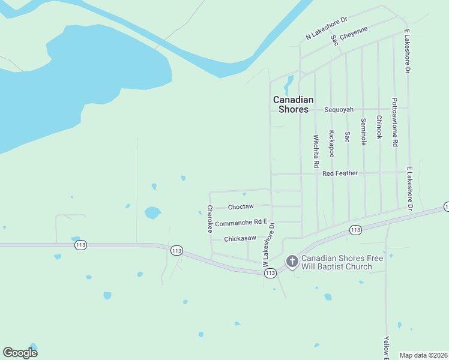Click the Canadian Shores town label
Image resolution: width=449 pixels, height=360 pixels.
click(293, 104)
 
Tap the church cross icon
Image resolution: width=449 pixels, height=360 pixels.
click(292, 261)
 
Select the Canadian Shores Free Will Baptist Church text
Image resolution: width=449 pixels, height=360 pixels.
click(342, 262)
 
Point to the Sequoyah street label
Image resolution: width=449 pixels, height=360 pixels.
click(339, 110)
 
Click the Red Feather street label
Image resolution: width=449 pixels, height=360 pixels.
click(340, 173)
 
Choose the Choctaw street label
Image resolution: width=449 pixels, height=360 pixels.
click(241, 207)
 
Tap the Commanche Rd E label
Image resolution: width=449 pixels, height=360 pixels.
click(240, 223)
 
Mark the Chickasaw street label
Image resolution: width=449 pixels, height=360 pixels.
click(240, 239)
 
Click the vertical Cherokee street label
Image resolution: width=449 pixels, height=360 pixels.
click(210, 219)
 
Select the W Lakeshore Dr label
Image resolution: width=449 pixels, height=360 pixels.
click(268, 245)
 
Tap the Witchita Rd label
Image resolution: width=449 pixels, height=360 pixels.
click(316, 151)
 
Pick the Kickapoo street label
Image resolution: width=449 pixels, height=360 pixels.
click(331, 144)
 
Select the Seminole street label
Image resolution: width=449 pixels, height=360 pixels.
click(363, 131)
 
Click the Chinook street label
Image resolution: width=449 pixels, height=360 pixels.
click(379, 127)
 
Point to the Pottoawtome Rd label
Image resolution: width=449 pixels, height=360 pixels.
click(394, 122)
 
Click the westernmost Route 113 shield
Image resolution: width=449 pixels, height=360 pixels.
click(80, 245)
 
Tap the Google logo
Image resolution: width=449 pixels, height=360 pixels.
click(20, 353)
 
